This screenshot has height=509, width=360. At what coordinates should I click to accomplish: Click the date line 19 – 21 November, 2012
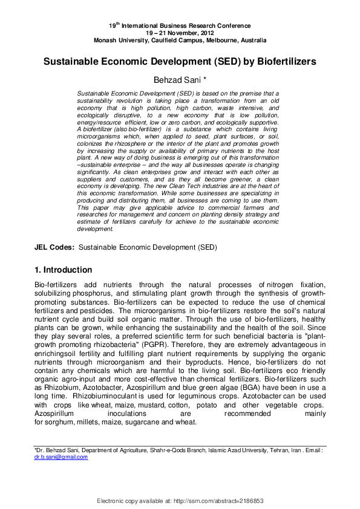pyautogui.click(x=179, y=33)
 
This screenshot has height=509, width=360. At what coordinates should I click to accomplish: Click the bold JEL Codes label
pyautogui.click(x=54, y=247)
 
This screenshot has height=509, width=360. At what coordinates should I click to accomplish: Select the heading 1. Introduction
pyautogui.click(x=62, y=270)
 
